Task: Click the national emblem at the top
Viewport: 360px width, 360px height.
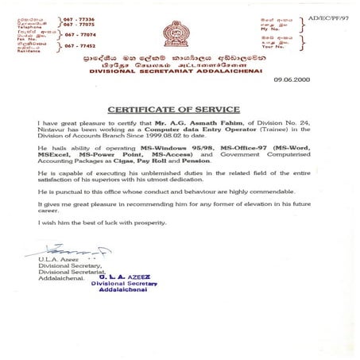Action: pyautogui.click(x=176, y=33)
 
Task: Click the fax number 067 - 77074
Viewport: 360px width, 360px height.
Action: pyautogui.click(x=80, y=35)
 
